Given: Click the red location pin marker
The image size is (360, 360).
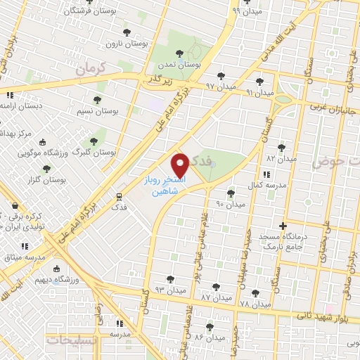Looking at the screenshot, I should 181,165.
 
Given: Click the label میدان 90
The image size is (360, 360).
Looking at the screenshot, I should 230,204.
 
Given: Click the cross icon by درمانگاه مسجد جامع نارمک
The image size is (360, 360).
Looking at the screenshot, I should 283,226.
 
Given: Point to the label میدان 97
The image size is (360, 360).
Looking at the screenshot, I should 219,86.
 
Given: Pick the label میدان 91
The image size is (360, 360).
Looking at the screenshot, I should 259,92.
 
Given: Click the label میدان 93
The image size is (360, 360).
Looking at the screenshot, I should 171,290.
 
